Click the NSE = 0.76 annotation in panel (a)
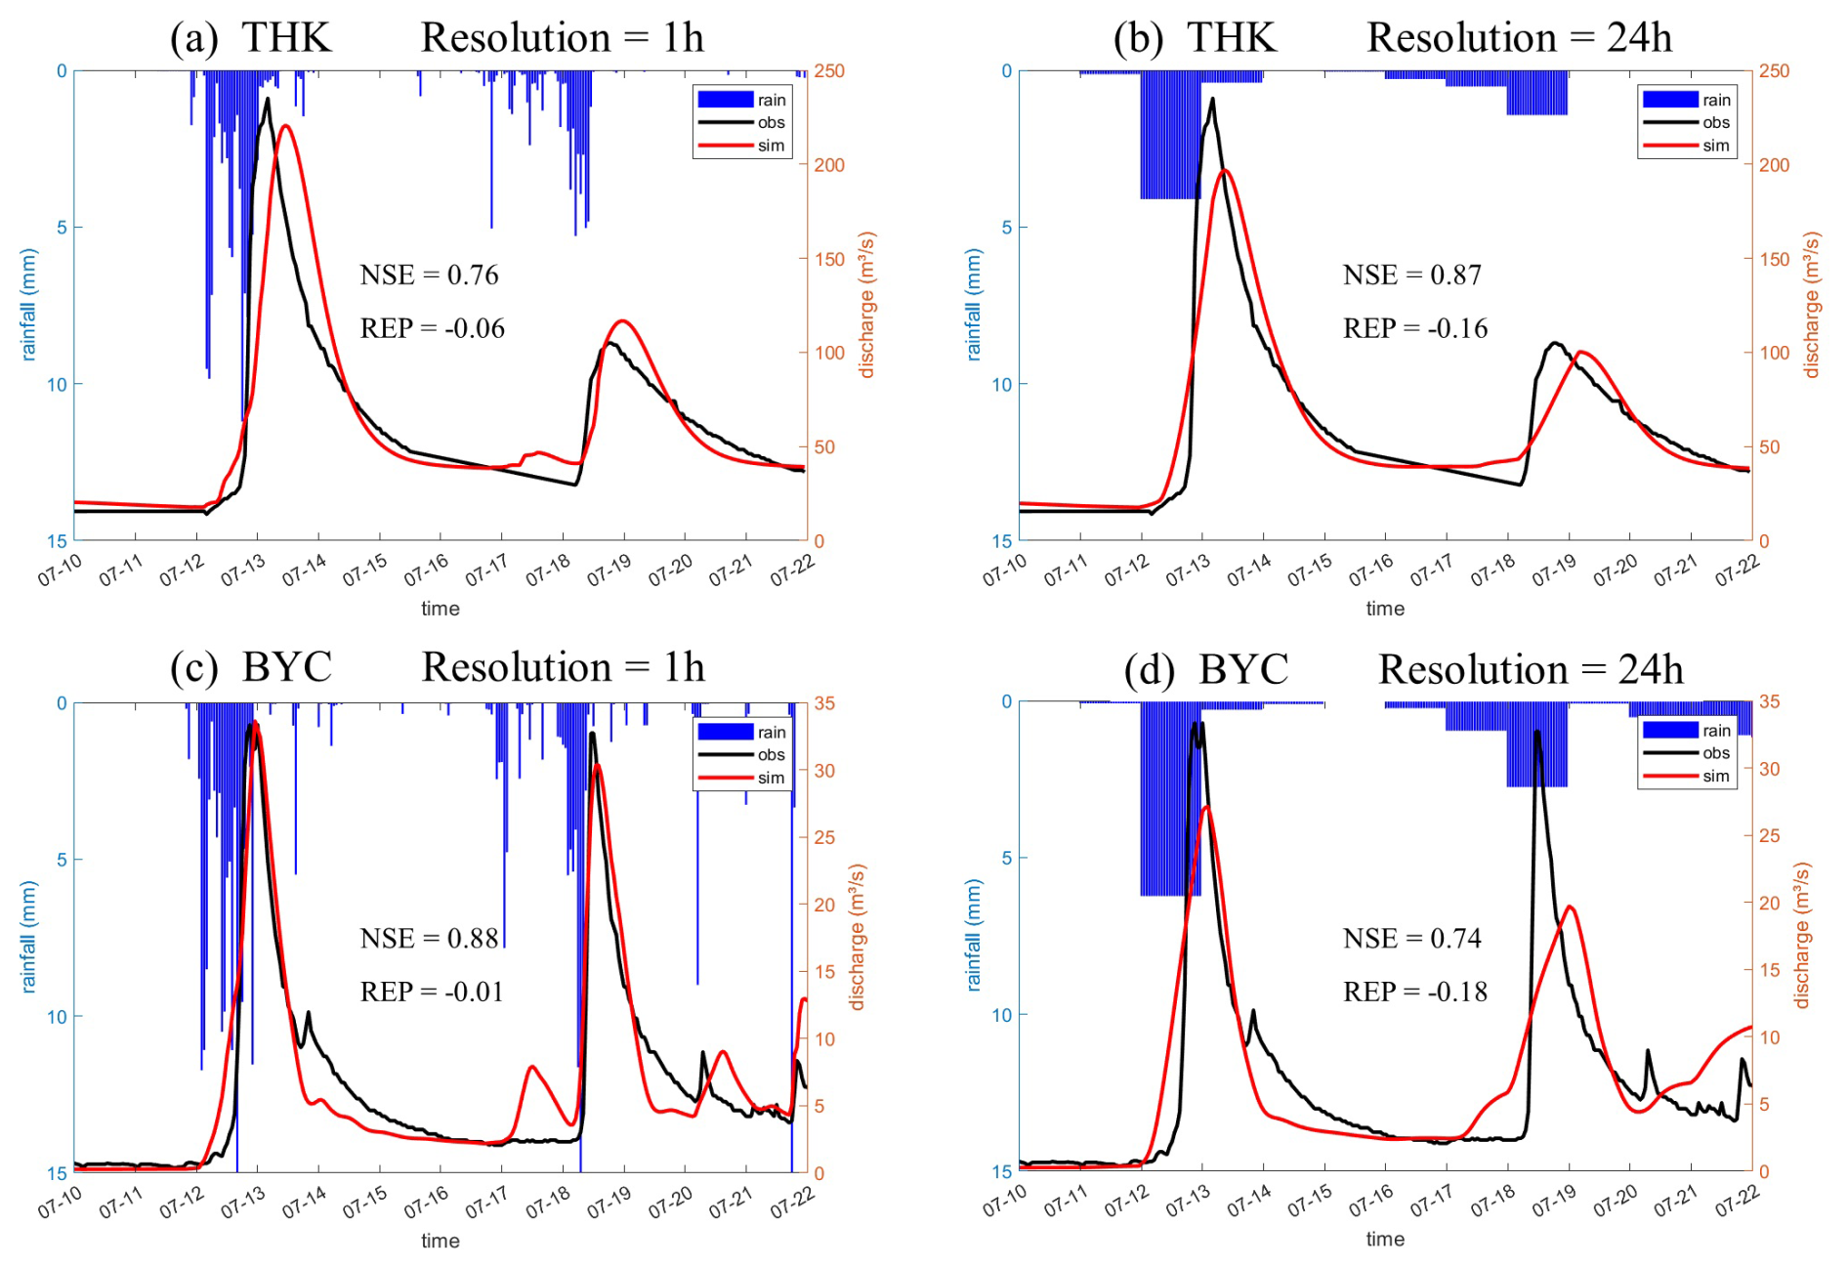pyautogui.click(x=429, y=275)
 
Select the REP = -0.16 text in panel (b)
pyautogui.click(x=1415, y=328)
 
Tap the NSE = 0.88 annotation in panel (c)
pyautogui.click(x=429, y=939)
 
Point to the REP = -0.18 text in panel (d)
pyautogui.click(x=1415, y=993)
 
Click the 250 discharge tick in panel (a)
pyautogui.click(x=829, y=71)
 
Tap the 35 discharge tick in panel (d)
pyautogui.click(x=1769, y=701)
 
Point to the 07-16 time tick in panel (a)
pyautogui.click(x=427, y=569)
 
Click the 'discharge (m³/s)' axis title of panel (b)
pyautogui.click(x=1812, y=305)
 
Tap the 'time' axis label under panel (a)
pyautogui.click(x=440, y=609)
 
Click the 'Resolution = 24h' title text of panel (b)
pyautogui.click(x=1519, y=38)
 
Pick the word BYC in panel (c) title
pyautogui.click(x=287, y=667)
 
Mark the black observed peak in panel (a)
pyautogui.click(x=267, y=99)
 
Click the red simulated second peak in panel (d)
pyautogui.click(x=1570, y=907)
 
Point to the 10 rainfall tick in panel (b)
pyautogui.click(x=1002, y=385)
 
